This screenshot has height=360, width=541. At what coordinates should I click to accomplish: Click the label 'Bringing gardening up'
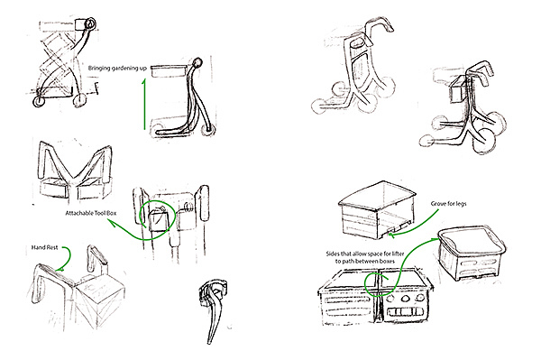pos(117,68)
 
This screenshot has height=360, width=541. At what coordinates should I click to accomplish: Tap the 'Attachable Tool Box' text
pos(91,213)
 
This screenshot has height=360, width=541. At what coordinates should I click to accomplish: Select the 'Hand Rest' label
pos(45,247)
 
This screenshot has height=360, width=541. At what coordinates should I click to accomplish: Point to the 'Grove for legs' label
pos(448,204)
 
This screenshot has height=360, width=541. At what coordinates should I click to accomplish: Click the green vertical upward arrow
pos(144,105)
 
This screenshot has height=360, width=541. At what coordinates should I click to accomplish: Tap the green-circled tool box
pos(159,220)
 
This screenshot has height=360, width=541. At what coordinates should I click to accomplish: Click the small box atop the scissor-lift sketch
pos(81,24)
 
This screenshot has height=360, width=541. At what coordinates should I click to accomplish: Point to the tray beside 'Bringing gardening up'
pos(168,71)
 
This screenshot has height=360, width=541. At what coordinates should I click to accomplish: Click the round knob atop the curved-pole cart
pos(197,62)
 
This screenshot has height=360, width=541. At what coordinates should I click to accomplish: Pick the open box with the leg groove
pos(377,209)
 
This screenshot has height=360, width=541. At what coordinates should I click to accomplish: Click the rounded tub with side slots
pos(472,253)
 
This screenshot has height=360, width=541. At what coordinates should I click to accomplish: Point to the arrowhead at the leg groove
pos(391,235)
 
